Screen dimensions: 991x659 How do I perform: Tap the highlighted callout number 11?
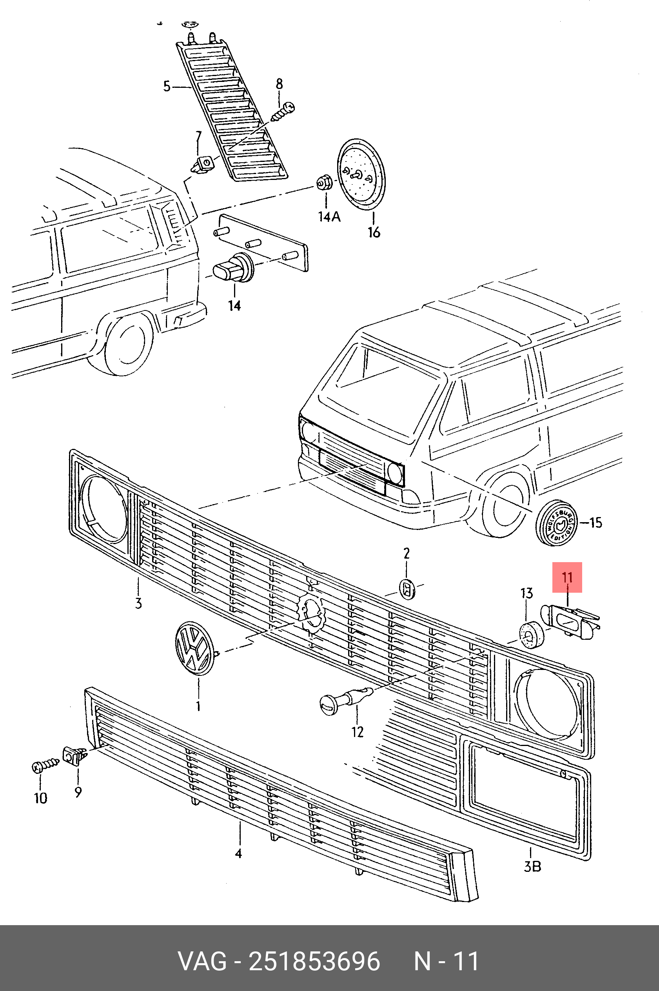click(x=567, y=577)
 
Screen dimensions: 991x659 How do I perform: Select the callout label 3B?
click(x=532, y=866)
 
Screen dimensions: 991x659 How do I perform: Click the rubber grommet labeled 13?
click(x=531, y=633)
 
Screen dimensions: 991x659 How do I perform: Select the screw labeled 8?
click(x=283, y=112)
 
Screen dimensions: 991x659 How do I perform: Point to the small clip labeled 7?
click(x=203, y=164)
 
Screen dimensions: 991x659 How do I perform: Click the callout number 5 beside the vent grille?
click(x=167, y=87)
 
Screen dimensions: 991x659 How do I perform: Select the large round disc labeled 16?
click(x=361, y=173)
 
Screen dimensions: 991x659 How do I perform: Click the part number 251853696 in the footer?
click(x=314, y=961)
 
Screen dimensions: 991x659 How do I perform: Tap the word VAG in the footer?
click(x=203, y=961)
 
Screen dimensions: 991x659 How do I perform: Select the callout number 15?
click(x=595, y=523)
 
